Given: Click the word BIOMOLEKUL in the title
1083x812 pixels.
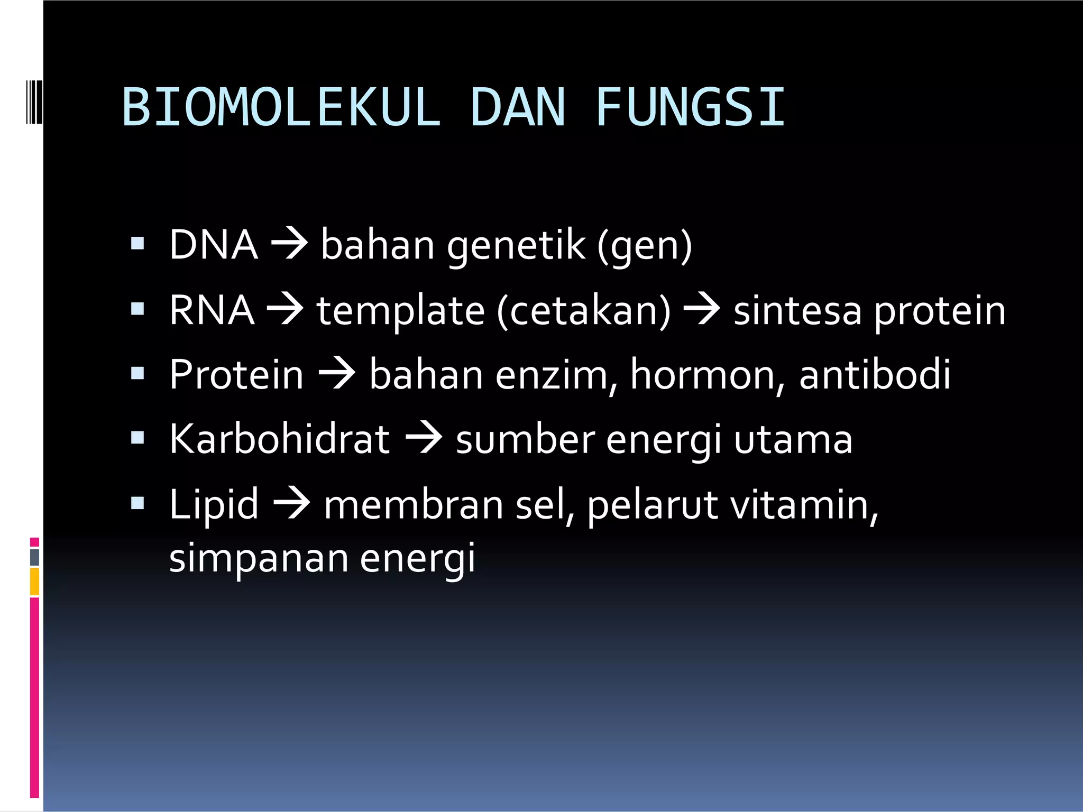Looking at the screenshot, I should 281,108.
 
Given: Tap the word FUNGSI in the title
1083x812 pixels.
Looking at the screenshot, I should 690,108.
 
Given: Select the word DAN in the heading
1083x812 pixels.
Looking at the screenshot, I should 518,108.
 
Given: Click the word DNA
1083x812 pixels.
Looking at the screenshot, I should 214,245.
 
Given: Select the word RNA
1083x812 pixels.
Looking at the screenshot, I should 212,310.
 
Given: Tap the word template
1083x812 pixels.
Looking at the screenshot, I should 400,311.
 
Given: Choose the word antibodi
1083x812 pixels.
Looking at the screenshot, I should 875,375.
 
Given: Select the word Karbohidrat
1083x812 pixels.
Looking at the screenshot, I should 280,439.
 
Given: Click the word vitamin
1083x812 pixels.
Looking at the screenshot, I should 804,505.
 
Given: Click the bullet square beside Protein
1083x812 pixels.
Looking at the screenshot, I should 137,374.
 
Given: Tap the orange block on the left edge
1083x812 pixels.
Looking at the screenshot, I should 34,582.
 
